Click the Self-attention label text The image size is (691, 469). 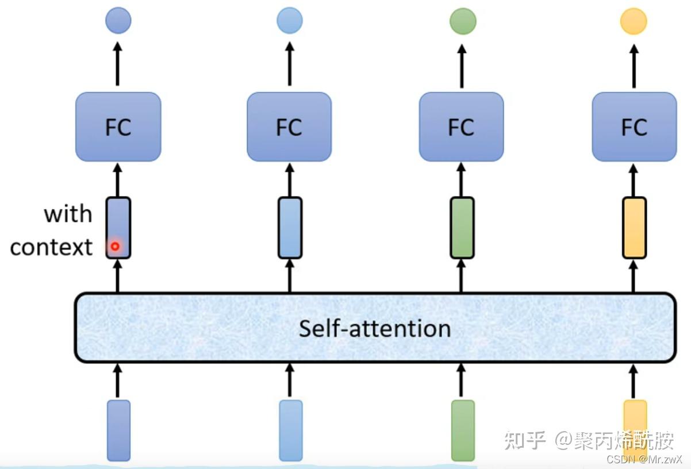click(x=374, y=328)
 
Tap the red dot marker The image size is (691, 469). click(x=115, y=247)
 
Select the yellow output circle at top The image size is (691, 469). click(x=634, y=22)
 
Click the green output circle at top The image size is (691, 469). click(x=462, y=22)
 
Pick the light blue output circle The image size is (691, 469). click(x=290, y=21)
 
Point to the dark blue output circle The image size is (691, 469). click(x=118, y=21)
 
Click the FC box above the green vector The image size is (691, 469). click(x=461, y=127)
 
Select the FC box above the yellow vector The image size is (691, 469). click(x=634, y=127)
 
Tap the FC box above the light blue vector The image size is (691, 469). click(x=289, y=127)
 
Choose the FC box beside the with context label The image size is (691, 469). click(x=118, y=127)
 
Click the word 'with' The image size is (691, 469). click(x=68, y=214)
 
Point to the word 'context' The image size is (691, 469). click(x=51, y=247)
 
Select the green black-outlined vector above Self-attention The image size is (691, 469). click(x=462, y=228)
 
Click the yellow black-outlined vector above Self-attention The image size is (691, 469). click(x=634, y=228)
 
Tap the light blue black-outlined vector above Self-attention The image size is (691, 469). click(x=290, y=228)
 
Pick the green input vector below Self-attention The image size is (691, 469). click(x=463, y=430)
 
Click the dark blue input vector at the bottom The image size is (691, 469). click(x=118, y=430)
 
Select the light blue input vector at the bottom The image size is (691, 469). click(x=290, y=430)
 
